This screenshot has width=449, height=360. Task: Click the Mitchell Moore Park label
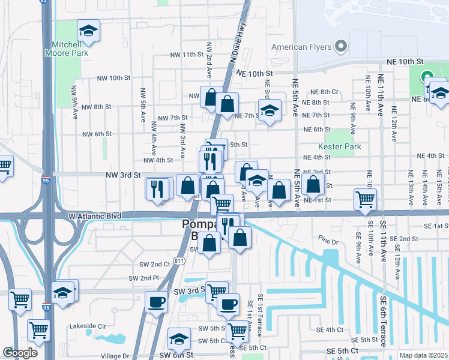pyautogui.click(x=70, y=49)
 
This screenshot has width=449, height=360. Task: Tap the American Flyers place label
pyautogui.click(x=301, y=46)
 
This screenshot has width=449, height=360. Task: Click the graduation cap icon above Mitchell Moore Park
pyautogui.click(x=88, y=32)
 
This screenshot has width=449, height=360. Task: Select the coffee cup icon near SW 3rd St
pyautogui.click(x=156, y=302)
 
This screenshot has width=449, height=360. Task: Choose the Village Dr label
pyautogui.click(x=115, y=355)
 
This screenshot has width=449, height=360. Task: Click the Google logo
pyautogui.click(x=20, y=353)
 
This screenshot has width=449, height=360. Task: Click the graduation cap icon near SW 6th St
pyautogui.click(x=179, y=339)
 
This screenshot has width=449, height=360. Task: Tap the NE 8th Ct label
pyautogui.click(x=325, y=92)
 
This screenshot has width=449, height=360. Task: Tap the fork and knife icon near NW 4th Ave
pyautogui.click(x=158, y=189)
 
